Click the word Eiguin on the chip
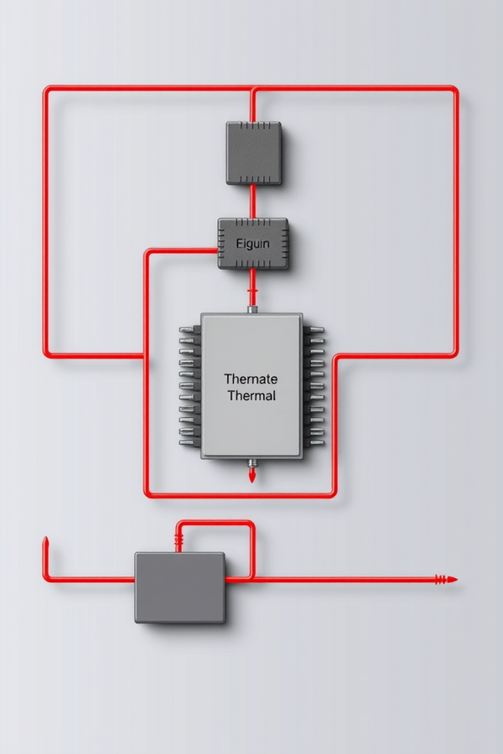(252, 244)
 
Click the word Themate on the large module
(251, 379)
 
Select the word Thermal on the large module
(251, 395)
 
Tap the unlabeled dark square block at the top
(254, 153)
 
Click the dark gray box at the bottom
(180, 587)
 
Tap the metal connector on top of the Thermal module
(252, 309)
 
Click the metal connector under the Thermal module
(252, 463)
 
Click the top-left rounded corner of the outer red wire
(48, 90)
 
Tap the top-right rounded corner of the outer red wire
(453, 90)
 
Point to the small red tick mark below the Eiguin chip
(251, 291)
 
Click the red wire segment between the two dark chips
(251, 202)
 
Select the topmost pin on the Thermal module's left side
(190, 329)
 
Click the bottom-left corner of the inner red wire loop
(148, 493)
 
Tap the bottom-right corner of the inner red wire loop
(332, 493)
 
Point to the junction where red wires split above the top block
(251, 90)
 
